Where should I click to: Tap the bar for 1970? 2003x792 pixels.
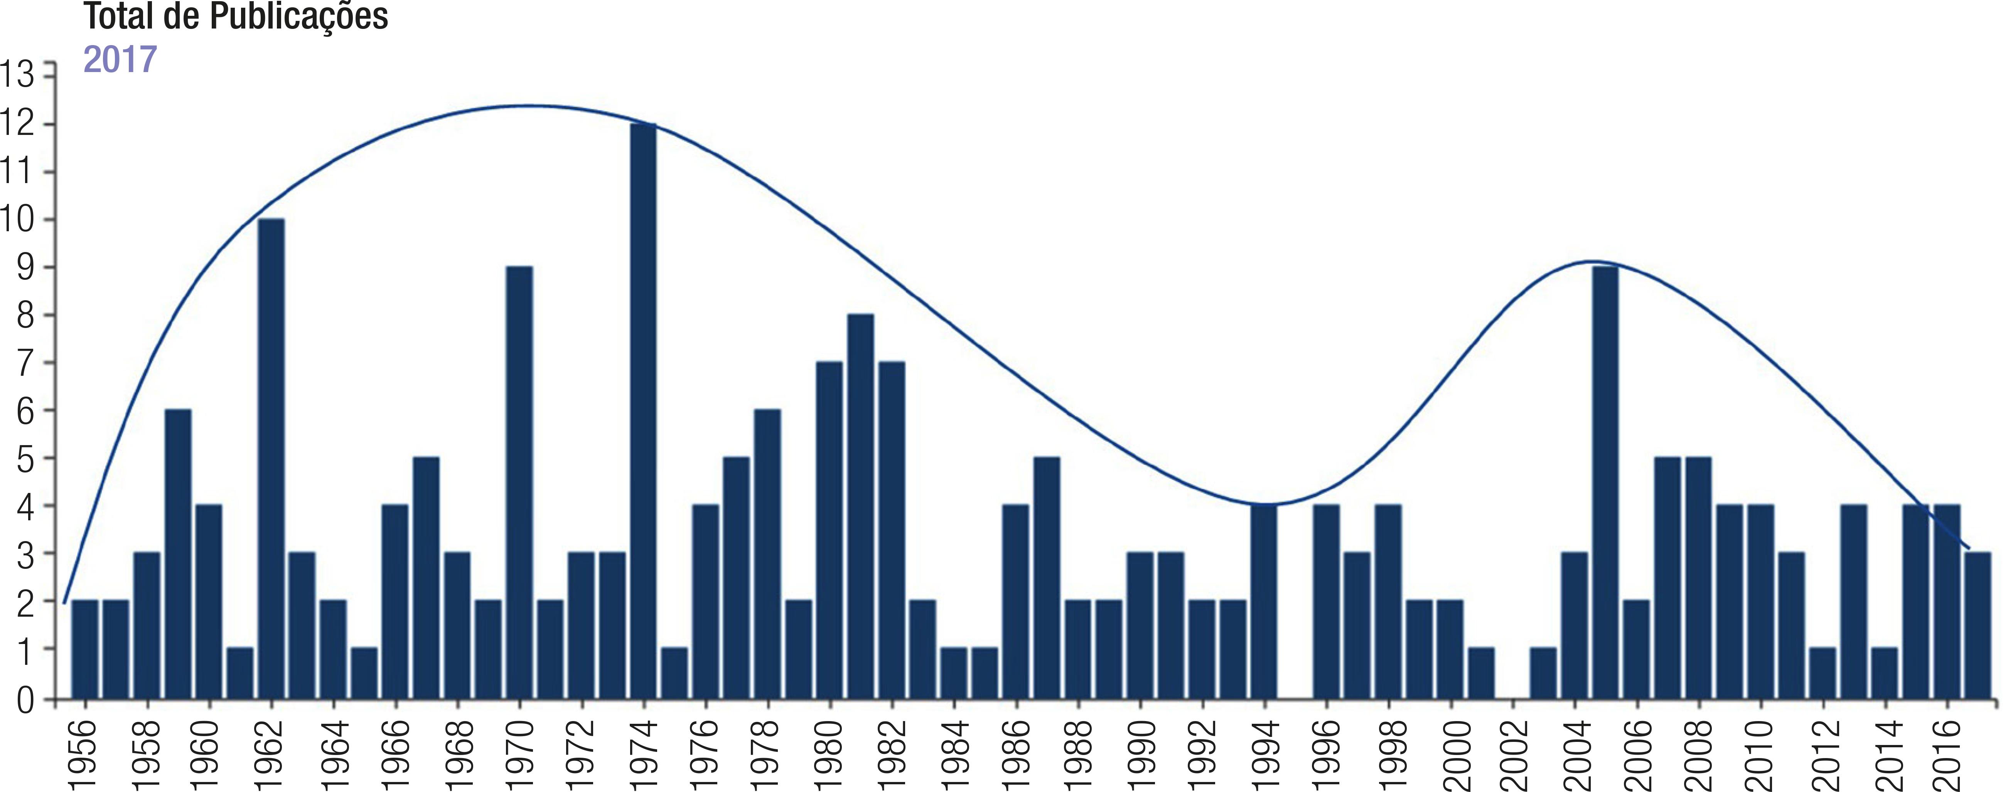[x=519, y=482]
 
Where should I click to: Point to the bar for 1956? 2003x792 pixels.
[x=85, y=649]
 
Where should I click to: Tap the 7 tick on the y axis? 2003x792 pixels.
[x=26, y=363]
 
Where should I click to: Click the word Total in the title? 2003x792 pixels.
[x=118, y=15]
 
